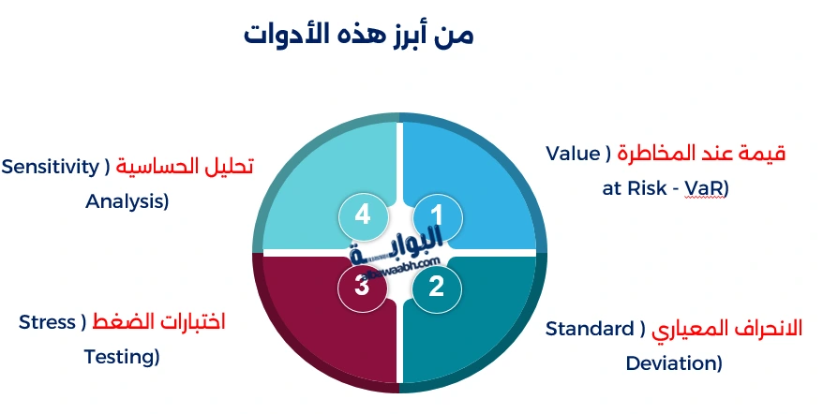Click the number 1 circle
[437, 215]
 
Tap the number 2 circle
[437, 286]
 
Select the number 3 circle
[363, 286]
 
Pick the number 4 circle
[363, 215]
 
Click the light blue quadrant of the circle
[478, 178]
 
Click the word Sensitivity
[50, 167]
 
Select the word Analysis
[127, 200]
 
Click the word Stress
[47, 322]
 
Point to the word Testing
[121, 356]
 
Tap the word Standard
[590, 329]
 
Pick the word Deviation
[672, 362]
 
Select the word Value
[573, 153]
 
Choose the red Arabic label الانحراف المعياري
[728, 329]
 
